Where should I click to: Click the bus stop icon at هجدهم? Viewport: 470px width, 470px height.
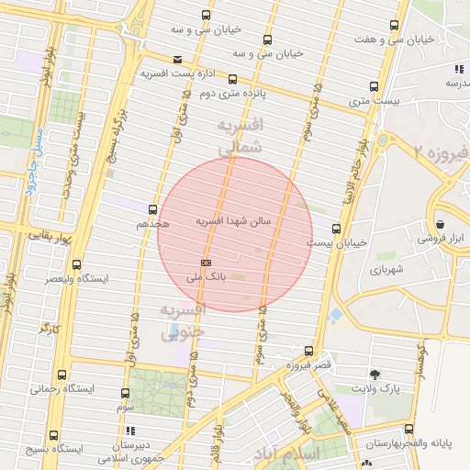153,209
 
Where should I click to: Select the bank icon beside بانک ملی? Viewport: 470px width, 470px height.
205,262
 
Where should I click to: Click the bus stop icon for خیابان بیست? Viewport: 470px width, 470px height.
336,229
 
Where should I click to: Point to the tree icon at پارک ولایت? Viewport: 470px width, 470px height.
375,374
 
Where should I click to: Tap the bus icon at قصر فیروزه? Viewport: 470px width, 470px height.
308,351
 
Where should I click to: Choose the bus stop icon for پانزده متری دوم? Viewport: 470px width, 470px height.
232,79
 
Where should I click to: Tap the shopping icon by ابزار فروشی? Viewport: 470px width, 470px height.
440,223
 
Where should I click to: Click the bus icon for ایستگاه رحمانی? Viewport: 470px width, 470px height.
62,375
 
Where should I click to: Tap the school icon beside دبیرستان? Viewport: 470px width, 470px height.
130,429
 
